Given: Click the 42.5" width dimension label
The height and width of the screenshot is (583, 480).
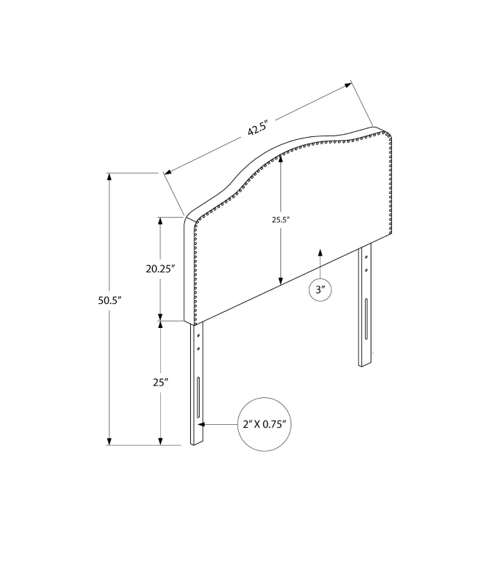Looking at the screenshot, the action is click(x=257, y=128).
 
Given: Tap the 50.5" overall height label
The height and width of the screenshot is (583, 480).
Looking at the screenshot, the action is click(x=110, y=300).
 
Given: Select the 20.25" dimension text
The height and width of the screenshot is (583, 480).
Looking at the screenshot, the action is click(x=160, y=269).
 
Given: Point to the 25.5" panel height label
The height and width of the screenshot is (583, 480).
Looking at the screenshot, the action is click(x=280, y=220).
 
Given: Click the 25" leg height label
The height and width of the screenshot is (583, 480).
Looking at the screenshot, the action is click(x=161, y=382).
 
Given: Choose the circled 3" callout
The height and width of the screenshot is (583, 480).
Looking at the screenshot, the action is click(x=320, y=289).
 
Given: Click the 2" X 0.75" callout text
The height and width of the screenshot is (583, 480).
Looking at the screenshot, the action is click(x=264, y=424).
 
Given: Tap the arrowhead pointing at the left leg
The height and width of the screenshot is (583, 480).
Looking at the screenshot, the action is click(x=201, y=424).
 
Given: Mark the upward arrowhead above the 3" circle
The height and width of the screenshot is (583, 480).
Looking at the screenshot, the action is click(x=320, y=252).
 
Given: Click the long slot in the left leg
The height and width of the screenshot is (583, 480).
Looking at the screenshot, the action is click(x=198, y=397).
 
